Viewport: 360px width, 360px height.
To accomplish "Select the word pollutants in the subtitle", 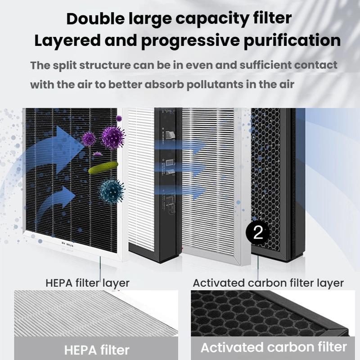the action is point(215,85).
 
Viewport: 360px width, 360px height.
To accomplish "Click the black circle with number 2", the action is point(257,233).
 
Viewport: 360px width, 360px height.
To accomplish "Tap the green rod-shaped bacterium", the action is point(103,167).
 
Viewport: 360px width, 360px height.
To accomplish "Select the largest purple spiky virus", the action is point(113,137).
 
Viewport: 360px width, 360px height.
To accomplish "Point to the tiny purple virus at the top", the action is point(119,118).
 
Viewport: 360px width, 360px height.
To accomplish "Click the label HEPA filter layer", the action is point(87,283).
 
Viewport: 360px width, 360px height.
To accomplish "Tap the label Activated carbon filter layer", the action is point(268,283).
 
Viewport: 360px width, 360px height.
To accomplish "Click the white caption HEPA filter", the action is point(97,350).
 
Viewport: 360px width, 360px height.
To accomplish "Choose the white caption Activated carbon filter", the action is point(274,347).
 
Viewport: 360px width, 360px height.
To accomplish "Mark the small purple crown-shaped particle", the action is point(98,153).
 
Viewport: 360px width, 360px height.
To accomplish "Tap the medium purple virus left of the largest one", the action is point(89,139).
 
